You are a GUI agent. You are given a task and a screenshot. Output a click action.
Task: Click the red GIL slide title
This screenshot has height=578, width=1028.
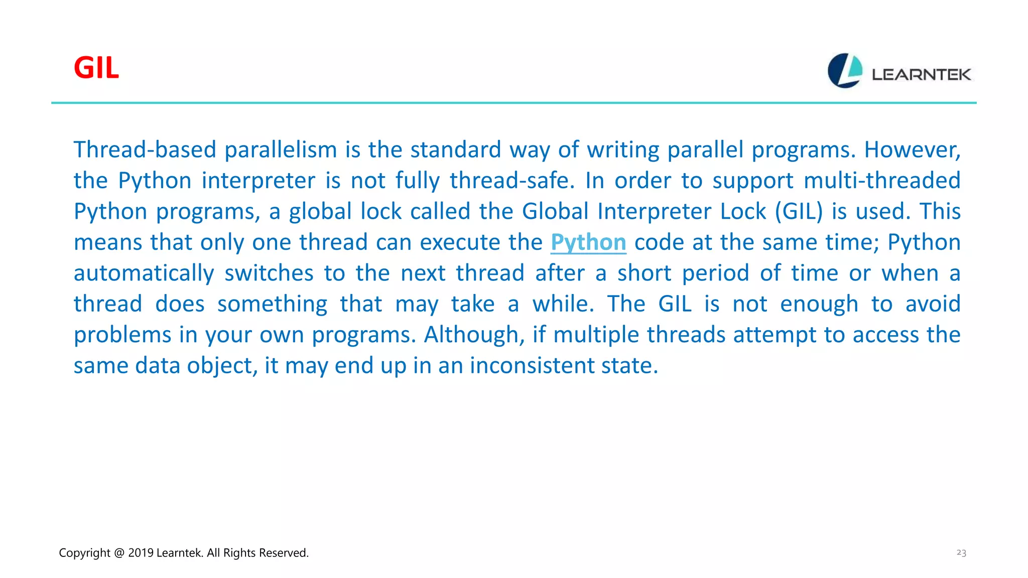96,68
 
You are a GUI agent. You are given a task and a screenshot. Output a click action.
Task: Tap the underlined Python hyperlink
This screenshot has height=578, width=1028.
588,242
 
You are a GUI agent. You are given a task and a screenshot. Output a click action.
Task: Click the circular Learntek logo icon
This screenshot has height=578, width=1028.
845,71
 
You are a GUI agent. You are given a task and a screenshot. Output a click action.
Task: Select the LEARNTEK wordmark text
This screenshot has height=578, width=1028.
921,75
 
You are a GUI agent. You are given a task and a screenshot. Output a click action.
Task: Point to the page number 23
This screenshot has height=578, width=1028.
961,552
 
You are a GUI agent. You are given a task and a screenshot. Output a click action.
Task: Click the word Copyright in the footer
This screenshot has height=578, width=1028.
84,553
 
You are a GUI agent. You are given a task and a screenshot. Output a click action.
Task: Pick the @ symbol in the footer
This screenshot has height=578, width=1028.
119,553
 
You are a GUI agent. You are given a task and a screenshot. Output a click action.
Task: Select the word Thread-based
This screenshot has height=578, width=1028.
145,150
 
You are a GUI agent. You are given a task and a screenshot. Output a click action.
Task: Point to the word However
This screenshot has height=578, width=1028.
912,150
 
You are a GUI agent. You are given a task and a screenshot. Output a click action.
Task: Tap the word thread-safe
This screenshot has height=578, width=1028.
511,181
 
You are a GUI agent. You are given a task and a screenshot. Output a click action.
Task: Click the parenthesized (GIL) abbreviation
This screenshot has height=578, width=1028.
799,211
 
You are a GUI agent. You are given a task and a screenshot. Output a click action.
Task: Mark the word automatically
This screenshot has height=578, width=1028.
144,273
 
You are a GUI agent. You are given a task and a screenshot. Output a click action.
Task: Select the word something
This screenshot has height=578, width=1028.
272,304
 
